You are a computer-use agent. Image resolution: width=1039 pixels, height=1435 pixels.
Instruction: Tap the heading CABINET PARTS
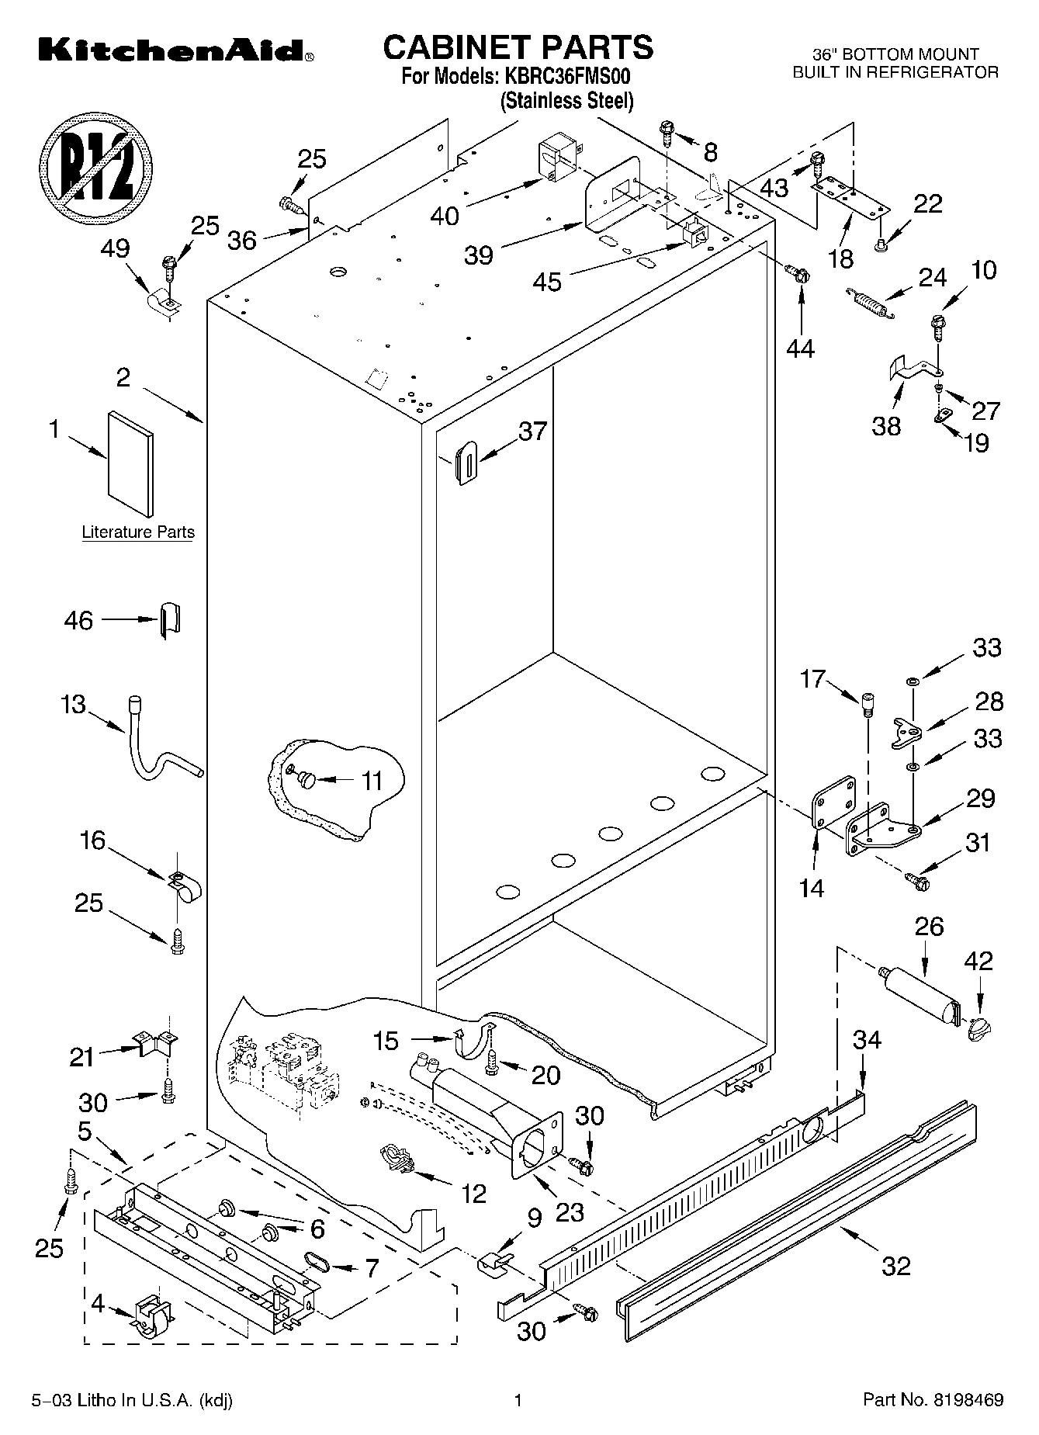(518, 47)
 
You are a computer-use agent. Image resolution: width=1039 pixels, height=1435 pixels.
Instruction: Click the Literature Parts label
(138, 532)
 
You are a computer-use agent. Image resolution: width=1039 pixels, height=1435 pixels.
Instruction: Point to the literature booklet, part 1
(130, 464)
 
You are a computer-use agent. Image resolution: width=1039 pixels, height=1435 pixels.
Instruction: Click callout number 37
(532, 432)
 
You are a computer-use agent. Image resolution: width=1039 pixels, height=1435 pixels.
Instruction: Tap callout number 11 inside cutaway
(372, 781)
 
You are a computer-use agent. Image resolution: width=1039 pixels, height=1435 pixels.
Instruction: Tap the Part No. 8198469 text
(933, 1400)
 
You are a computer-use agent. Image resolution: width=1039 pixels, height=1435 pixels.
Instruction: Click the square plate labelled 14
(833, 803)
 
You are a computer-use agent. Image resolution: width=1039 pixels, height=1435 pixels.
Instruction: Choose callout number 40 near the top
(445, 215)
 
